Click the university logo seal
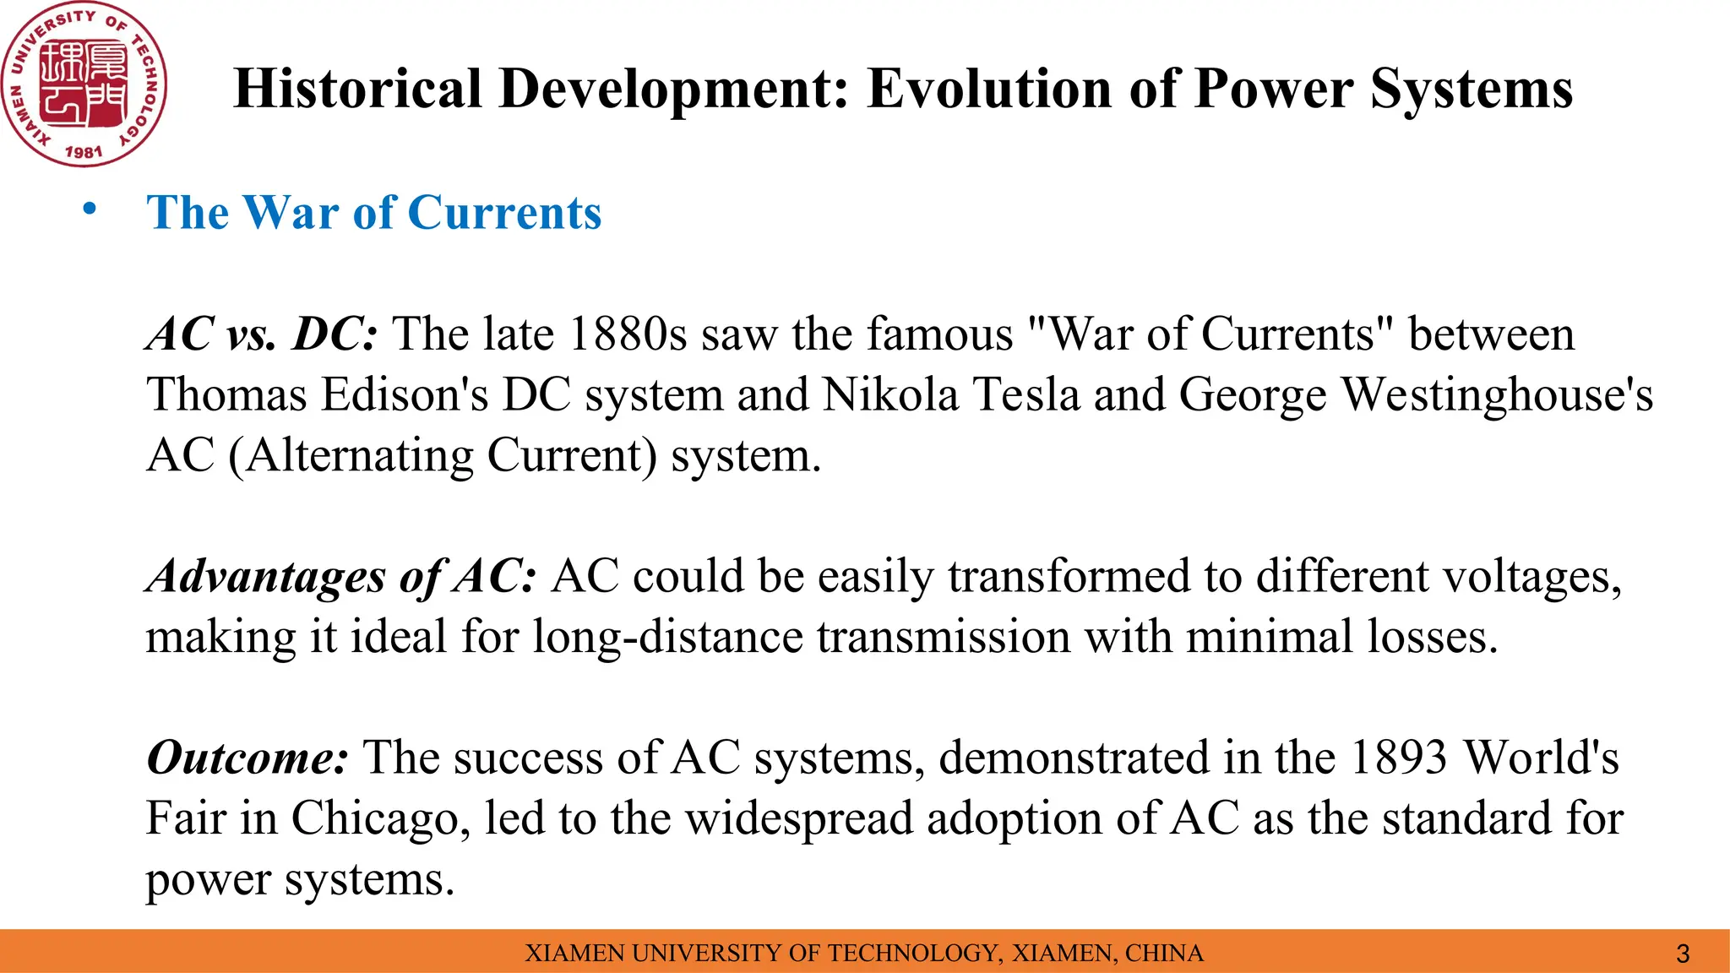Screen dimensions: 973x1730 click(x=83, y=84)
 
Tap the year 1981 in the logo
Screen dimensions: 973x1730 click(x=83, y=152)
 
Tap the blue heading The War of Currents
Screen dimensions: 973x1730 click(x=373, y=212)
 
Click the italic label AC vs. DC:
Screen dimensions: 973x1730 click(x=262, y=334)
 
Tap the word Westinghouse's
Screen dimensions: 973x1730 click(x=1497, y=395)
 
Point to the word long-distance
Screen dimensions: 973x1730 click(x=667, y=638)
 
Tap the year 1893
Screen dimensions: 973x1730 click(x=1398, y=758)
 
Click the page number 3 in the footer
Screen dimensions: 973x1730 click(x=1682, y=954)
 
